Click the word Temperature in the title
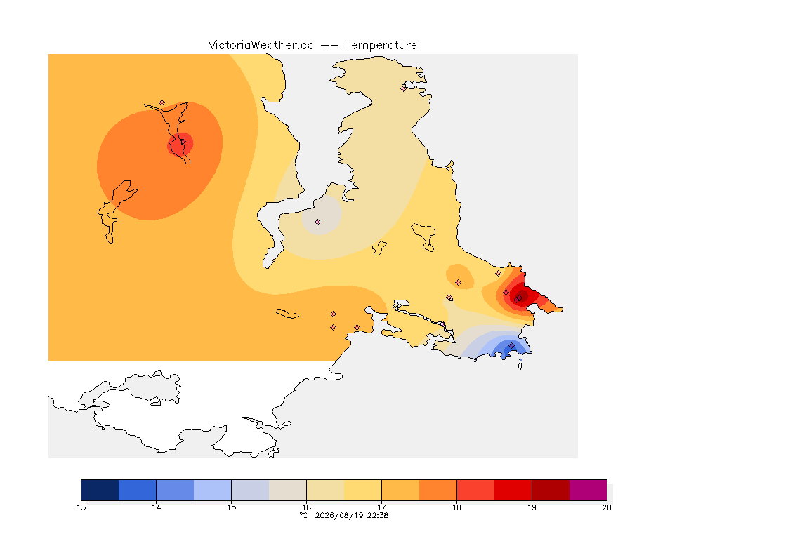[x=381, y=46]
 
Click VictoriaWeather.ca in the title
[x=261, y=46]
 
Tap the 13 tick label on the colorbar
[x=81, y=507]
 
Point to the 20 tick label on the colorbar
[x=607, y=507]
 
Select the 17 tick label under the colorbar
[x=381, y=507]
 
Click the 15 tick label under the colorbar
[x=231, y=507]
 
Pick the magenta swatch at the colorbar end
[x=588, y=490]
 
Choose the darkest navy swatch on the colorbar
[x=100, y=490]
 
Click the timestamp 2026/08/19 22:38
[x=351, y=515]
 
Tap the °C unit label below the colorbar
[x=303, y=515]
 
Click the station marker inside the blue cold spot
[x=511, y=345]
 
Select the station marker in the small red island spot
[x=183, y=142]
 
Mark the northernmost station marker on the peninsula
[x=404, y=88]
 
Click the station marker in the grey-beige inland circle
[x=318, y=222]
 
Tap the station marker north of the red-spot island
[x=162, y=103]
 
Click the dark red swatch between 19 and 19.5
[x=551, y=490]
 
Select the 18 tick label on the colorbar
[x=456, y=507]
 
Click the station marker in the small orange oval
[x=458, y=283]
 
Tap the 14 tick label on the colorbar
[x=157, y=507]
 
